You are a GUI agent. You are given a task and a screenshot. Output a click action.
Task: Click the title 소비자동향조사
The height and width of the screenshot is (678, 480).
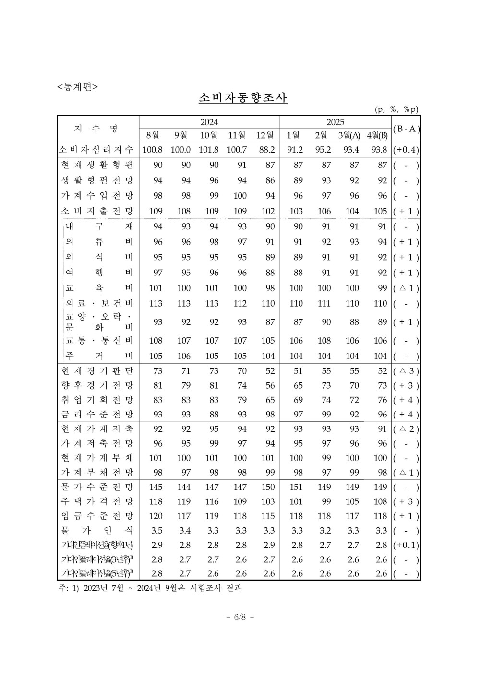click(x=243, y=98)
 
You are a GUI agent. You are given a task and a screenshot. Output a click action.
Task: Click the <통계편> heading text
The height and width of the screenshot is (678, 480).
click(x=77, y=86)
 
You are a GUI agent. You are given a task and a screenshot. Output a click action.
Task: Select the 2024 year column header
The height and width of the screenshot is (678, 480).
click(x=209, y=122)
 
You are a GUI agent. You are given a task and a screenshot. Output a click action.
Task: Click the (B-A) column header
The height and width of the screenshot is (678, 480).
click(x=406, y=129)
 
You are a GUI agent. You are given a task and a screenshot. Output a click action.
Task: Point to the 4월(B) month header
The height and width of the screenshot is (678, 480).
click(x=377, y=135)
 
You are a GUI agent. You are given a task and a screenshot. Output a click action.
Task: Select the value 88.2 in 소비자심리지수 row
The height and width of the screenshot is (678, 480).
click(x=266, y=150)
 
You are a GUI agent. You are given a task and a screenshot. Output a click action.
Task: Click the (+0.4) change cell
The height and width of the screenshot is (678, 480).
click(x=406, y=150)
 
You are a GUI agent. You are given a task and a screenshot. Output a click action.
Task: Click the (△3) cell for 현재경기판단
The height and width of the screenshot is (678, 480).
click(x=406, y=371)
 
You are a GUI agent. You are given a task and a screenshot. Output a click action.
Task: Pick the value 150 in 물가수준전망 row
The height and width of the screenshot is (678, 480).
click(x=267, y=487)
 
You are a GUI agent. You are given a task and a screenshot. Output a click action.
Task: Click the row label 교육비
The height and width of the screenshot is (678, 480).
click(x=99, y=288)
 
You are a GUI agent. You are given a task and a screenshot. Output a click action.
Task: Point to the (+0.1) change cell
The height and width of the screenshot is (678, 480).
click(x=406, y=545)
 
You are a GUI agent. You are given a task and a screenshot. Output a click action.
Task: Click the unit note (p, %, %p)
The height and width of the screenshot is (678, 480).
click(x=396, y=109)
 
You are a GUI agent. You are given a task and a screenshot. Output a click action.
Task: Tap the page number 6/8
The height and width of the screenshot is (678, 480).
click(x=240, y=617)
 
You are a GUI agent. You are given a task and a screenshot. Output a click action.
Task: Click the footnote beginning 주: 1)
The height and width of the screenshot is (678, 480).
click(x=149, y=588)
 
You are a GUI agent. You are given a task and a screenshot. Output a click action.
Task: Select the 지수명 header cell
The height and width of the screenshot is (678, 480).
click(x=98, y=129)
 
